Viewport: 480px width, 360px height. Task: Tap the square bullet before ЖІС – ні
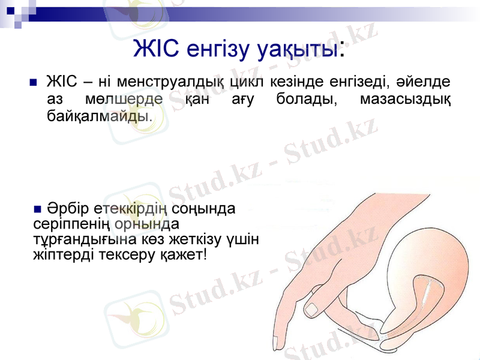(x=33, y=82)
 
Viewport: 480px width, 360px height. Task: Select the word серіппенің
(x=71, y=225)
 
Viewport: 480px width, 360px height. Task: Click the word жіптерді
(x=60, y=255)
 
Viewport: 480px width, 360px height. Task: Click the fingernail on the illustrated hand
(x=313, y=309)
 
